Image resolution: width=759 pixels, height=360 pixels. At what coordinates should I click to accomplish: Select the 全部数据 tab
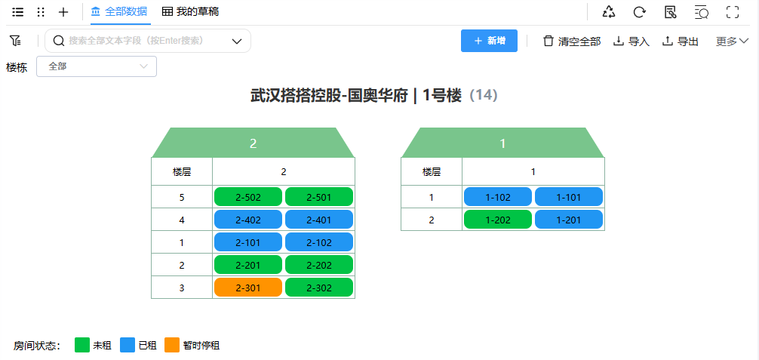[119, 12]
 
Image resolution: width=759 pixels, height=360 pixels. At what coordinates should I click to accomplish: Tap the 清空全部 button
[572, 42]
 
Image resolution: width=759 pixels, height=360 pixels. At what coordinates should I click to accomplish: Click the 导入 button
[631, 42]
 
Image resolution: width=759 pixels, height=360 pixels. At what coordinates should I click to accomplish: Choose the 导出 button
[681, 42]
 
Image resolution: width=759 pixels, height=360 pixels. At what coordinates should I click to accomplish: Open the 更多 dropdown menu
[732, 42]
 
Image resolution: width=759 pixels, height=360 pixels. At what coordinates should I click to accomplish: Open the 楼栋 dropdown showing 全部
[97, 66]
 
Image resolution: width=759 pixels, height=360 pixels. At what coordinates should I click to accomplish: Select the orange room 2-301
[248, 288]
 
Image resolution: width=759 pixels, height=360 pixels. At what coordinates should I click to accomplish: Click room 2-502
[248, 197]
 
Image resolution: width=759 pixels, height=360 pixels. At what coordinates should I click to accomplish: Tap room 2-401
[319, 220]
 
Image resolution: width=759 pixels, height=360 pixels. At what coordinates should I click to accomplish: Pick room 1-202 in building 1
[498, 220]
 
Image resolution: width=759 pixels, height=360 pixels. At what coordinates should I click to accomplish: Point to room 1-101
[569, 197]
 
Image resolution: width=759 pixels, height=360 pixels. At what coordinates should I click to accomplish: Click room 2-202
[319, 265]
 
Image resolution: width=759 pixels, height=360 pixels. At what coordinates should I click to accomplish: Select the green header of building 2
[254, 143]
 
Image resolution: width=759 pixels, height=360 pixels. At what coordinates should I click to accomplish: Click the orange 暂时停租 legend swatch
[172, 345]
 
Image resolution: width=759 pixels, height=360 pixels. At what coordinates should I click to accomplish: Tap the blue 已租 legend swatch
[128, 345]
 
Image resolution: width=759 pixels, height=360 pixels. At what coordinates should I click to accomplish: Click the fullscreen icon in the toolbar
[732, 12]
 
